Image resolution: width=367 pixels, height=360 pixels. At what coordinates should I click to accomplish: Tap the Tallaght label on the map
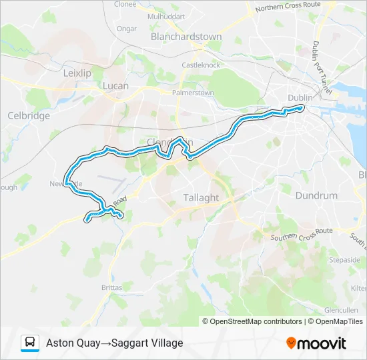201,198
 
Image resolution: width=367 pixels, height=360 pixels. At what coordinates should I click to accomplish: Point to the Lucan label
115,86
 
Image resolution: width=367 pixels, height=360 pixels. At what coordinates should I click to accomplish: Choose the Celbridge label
29,115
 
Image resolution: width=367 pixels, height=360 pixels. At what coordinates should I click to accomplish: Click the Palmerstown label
193,93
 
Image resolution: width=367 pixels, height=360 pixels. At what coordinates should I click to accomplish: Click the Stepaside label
345,259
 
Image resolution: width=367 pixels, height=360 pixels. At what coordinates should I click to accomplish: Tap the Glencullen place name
342,310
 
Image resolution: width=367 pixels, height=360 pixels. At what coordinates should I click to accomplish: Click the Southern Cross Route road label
302,234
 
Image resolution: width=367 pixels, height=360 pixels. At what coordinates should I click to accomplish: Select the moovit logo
316,343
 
